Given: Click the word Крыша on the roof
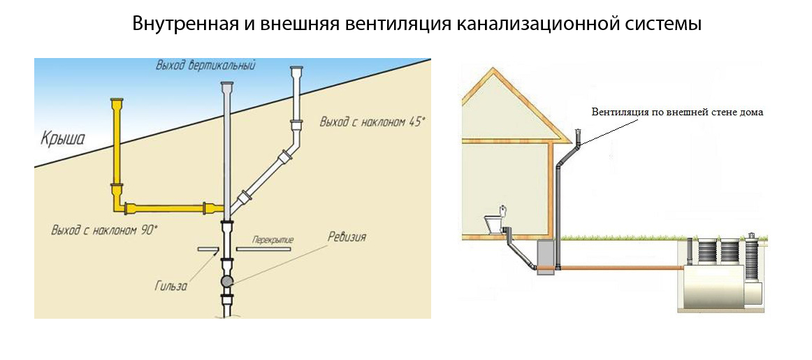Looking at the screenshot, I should click(62, 138).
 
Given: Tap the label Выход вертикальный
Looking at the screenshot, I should click(206, 66).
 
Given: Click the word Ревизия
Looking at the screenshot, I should click(347, 237).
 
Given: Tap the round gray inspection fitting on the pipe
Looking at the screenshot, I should click(228, 281).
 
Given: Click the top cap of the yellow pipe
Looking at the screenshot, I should click(117, 103).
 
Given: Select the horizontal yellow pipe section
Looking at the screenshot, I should click(168, 208).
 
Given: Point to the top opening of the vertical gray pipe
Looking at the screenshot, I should click(226, 85).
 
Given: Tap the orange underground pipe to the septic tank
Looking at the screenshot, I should click(622, 267).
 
